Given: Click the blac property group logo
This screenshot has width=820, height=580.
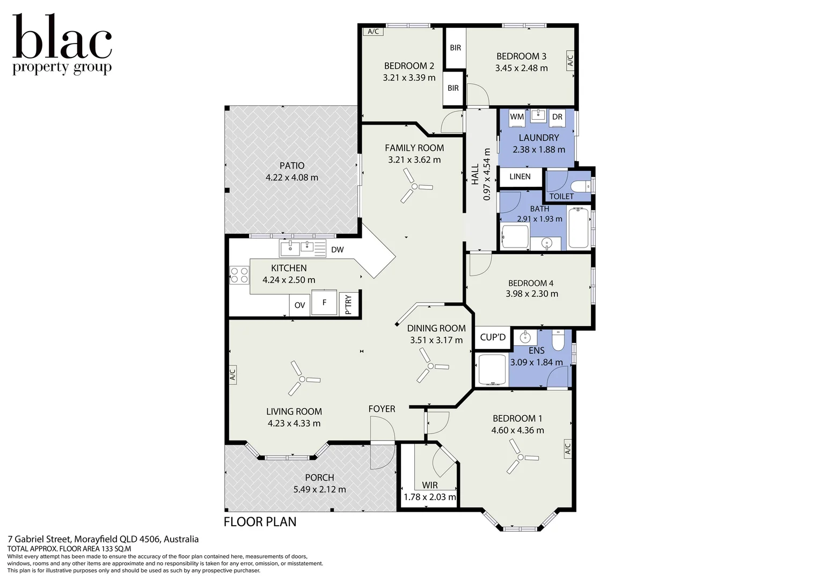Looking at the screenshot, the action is pos(62,45).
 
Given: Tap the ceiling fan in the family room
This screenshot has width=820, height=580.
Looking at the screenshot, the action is pos(414,186).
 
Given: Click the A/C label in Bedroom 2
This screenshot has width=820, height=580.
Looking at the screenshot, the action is pos(373,32).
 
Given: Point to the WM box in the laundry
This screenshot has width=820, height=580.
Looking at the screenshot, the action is pos(517,117).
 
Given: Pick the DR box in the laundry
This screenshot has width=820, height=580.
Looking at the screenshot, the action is pos(557,117).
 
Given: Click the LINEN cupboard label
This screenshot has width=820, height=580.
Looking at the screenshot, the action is pos(520,177).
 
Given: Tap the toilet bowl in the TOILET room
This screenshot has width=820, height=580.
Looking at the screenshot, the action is pos(581,186).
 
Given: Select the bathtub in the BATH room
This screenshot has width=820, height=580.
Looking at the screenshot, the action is pos(579,228).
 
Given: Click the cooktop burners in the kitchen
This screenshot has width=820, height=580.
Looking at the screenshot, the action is pos(239,275).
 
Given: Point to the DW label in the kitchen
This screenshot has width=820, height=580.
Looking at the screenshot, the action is pos(338,250).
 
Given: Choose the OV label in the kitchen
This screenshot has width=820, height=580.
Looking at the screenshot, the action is pos(300,305).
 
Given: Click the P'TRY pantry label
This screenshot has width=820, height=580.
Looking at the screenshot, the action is pos(348,305).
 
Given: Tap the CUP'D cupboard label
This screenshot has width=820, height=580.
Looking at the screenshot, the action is pos(493,337).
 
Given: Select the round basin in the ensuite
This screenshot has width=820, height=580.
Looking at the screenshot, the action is pos(525,337).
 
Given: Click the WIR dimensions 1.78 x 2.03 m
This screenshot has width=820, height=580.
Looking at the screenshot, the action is pos(430,497).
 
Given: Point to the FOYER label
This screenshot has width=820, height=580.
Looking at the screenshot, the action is pos(382,409).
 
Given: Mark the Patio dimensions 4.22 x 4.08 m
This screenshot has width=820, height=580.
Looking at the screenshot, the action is pos(292,178).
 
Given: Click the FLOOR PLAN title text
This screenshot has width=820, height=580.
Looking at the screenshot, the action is pos(260,522).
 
